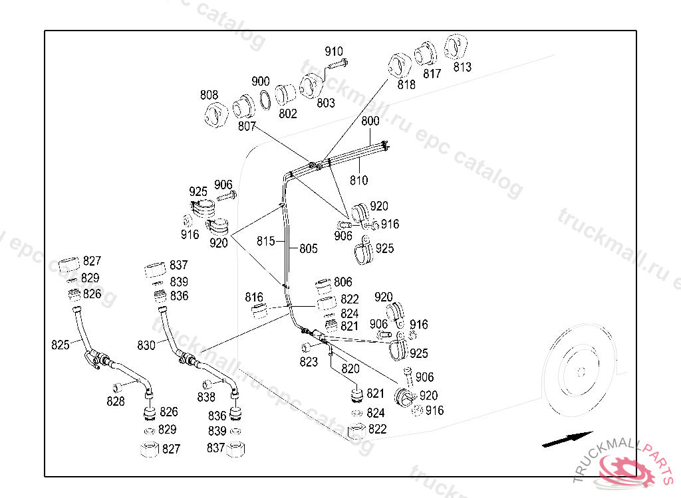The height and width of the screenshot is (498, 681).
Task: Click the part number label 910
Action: point(334,52)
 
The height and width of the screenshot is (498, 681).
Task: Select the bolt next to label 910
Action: point(337,64)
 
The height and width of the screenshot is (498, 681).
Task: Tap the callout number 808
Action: point(209,96)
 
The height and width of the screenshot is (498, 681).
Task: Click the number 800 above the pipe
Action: point(370,122)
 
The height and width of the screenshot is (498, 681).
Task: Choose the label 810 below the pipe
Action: point(358,180)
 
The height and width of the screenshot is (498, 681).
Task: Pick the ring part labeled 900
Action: point(265,98)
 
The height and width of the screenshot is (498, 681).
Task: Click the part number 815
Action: point(265,242)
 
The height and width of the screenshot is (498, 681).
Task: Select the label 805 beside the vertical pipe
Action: point(308,249)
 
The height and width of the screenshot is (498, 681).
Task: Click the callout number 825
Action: point(61,345)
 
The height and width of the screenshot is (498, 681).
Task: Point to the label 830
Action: point(146,345)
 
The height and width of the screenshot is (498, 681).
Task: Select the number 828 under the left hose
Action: point(116,401)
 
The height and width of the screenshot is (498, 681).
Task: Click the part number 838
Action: point(206,397)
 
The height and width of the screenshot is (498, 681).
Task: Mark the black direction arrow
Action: point(567,439)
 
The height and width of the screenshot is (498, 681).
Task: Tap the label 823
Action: point(309,362)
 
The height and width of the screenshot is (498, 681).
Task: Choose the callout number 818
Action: point(406,85)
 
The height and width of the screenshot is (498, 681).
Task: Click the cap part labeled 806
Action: point(324,287)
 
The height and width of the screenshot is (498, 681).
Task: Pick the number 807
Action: point(247,126)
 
